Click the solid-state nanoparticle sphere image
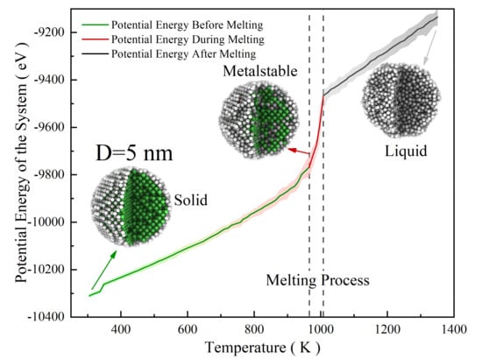[x=128, y=207]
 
